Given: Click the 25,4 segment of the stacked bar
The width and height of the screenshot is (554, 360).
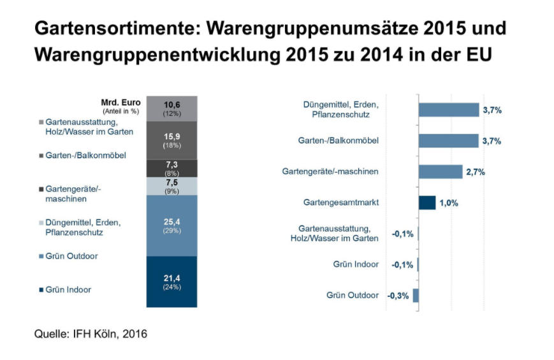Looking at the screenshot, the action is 171,226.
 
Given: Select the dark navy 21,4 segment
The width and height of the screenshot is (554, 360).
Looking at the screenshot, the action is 171,282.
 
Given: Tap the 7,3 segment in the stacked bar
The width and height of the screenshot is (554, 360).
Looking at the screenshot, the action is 171,168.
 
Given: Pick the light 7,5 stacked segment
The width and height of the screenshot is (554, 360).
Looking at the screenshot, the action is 171,186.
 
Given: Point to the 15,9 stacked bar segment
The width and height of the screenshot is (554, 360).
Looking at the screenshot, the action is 171,140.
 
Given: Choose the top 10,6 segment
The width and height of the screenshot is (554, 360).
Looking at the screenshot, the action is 171,108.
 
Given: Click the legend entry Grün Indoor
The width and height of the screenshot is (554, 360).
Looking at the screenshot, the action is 65,290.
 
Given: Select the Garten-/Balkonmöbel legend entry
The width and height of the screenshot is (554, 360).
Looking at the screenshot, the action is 82,155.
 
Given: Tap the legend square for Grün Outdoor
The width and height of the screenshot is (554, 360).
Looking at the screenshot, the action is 41,256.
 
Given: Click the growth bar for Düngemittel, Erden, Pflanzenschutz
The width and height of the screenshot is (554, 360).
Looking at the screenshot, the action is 449,110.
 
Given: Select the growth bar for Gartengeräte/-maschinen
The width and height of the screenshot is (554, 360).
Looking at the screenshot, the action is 441,171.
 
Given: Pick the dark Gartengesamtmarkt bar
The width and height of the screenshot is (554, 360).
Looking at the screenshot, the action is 427,203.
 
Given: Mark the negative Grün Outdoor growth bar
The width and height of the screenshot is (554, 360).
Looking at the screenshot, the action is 416,296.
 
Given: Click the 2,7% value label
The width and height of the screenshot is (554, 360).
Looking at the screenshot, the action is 476,172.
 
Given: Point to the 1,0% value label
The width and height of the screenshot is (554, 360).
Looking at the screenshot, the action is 449,203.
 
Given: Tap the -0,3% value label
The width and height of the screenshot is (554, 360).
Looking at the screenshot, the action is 398,296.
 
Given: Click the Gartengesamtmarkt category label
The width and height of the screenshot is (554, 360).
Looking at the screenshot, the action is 341,203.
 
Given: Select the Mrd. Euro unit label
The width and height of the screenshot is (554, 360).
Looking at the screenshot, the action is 121,103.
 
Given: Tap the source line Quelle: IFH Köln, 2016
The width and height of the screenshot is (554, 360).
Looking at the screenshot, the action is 91,334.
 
